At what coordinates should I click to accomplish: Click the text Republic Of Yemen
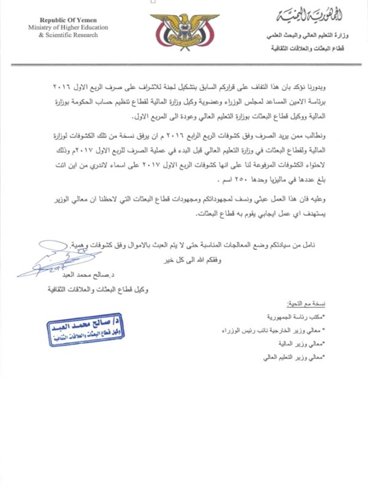[63, 20]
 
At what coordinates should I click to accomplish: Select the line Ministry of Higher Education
[63, 28]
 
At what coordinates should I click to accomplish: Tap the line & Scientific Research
[63, 36]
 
